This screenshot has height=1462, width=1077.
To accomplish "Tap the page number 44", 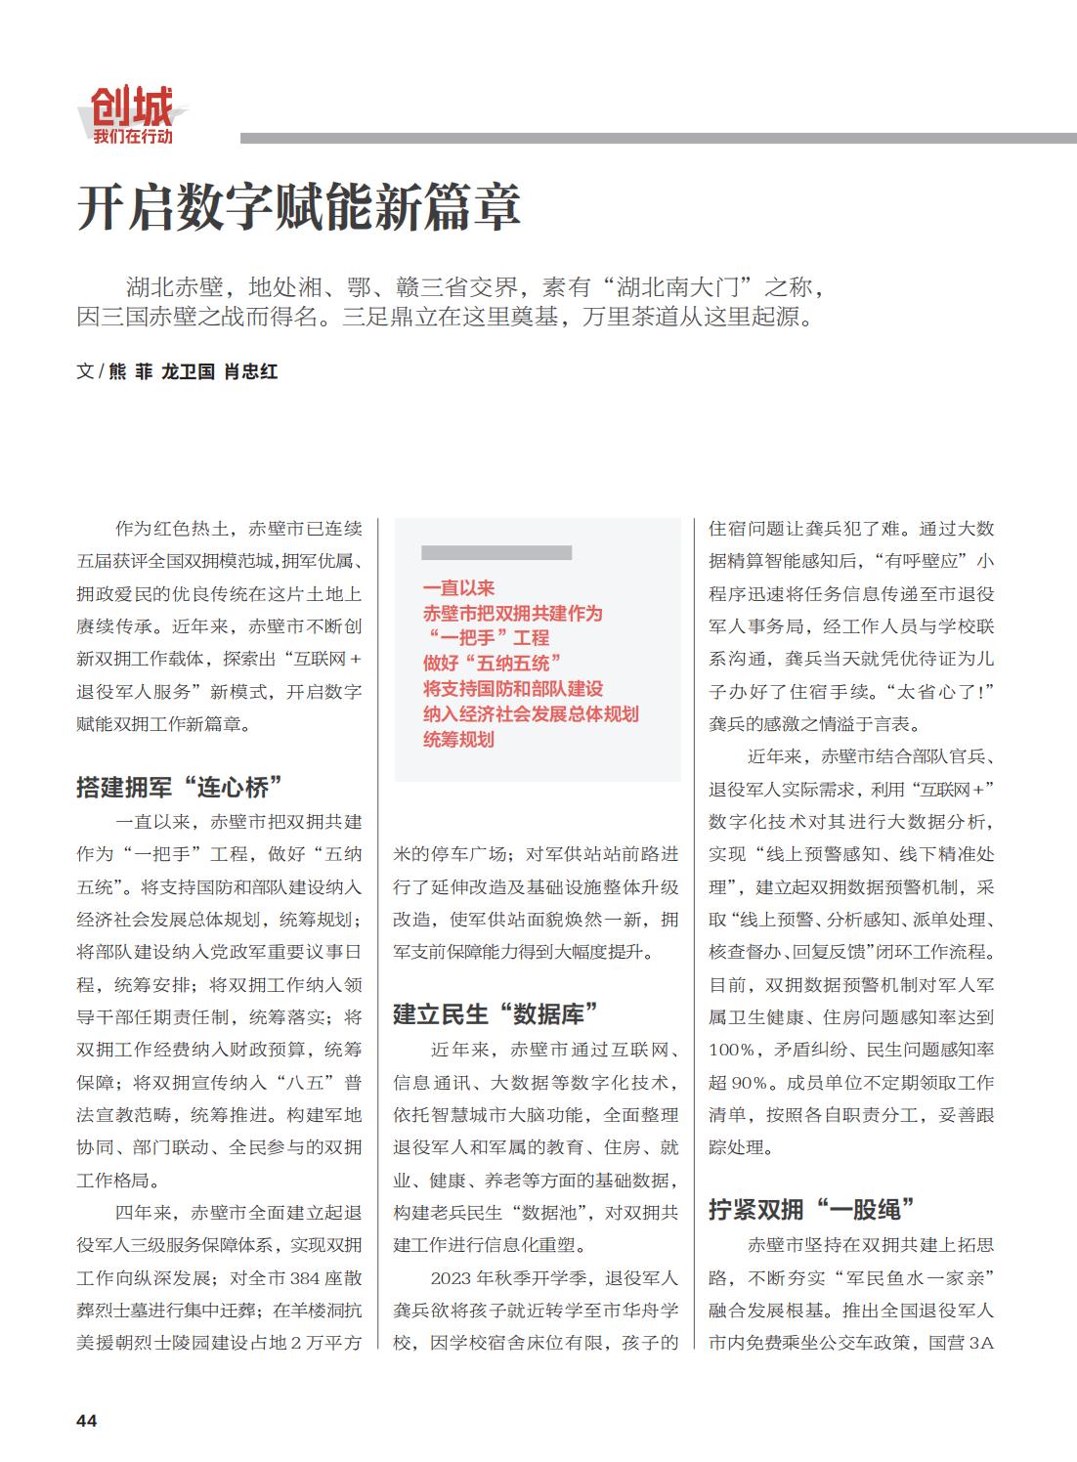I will (x=87, y=1420).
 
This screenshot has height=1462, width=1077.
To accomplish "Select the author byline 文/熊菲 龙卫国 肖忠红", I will (x=177, y=371).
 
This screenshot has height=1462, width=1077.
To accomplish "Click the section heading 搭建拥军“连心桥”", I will (x=180, y=787).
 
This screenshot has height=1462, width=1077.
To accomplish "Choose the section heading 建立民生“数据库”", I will (x=495, y=1013).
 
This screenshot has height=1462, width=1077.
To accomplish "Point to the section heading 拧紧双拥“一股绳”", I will (x=811, y=1209).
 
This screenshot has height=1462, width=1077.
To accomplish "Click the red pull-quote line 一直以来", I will (x=458, y=587).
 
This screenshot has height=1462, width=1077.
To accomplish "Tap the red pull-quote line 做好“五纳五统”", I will (x=492, y=664).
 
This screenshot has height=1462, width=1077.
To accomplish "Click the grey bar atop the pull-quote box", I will (x=495, y=553).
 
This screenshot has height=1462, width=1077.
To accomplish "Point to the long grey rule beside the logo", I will (x=658, y=139).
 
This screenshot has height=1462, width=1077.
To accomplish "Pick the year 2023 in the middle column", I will (x=451, y=1277).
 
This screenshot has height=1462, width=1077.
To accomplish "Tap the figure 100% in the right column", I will (x=732, y=1050).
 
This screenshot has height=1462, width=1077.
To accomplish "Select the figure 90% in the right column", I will (x=748, y=1082).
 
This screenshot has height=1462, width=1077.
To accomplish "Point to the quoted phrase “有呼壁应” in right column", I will (x=921, y=561).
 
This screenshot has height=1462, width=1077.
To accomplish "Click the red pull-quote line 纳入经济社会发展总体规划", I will (x=531, y=714).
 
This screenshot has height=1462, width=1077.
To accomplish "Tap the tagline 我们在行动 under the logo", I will (x=133, y=136).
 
